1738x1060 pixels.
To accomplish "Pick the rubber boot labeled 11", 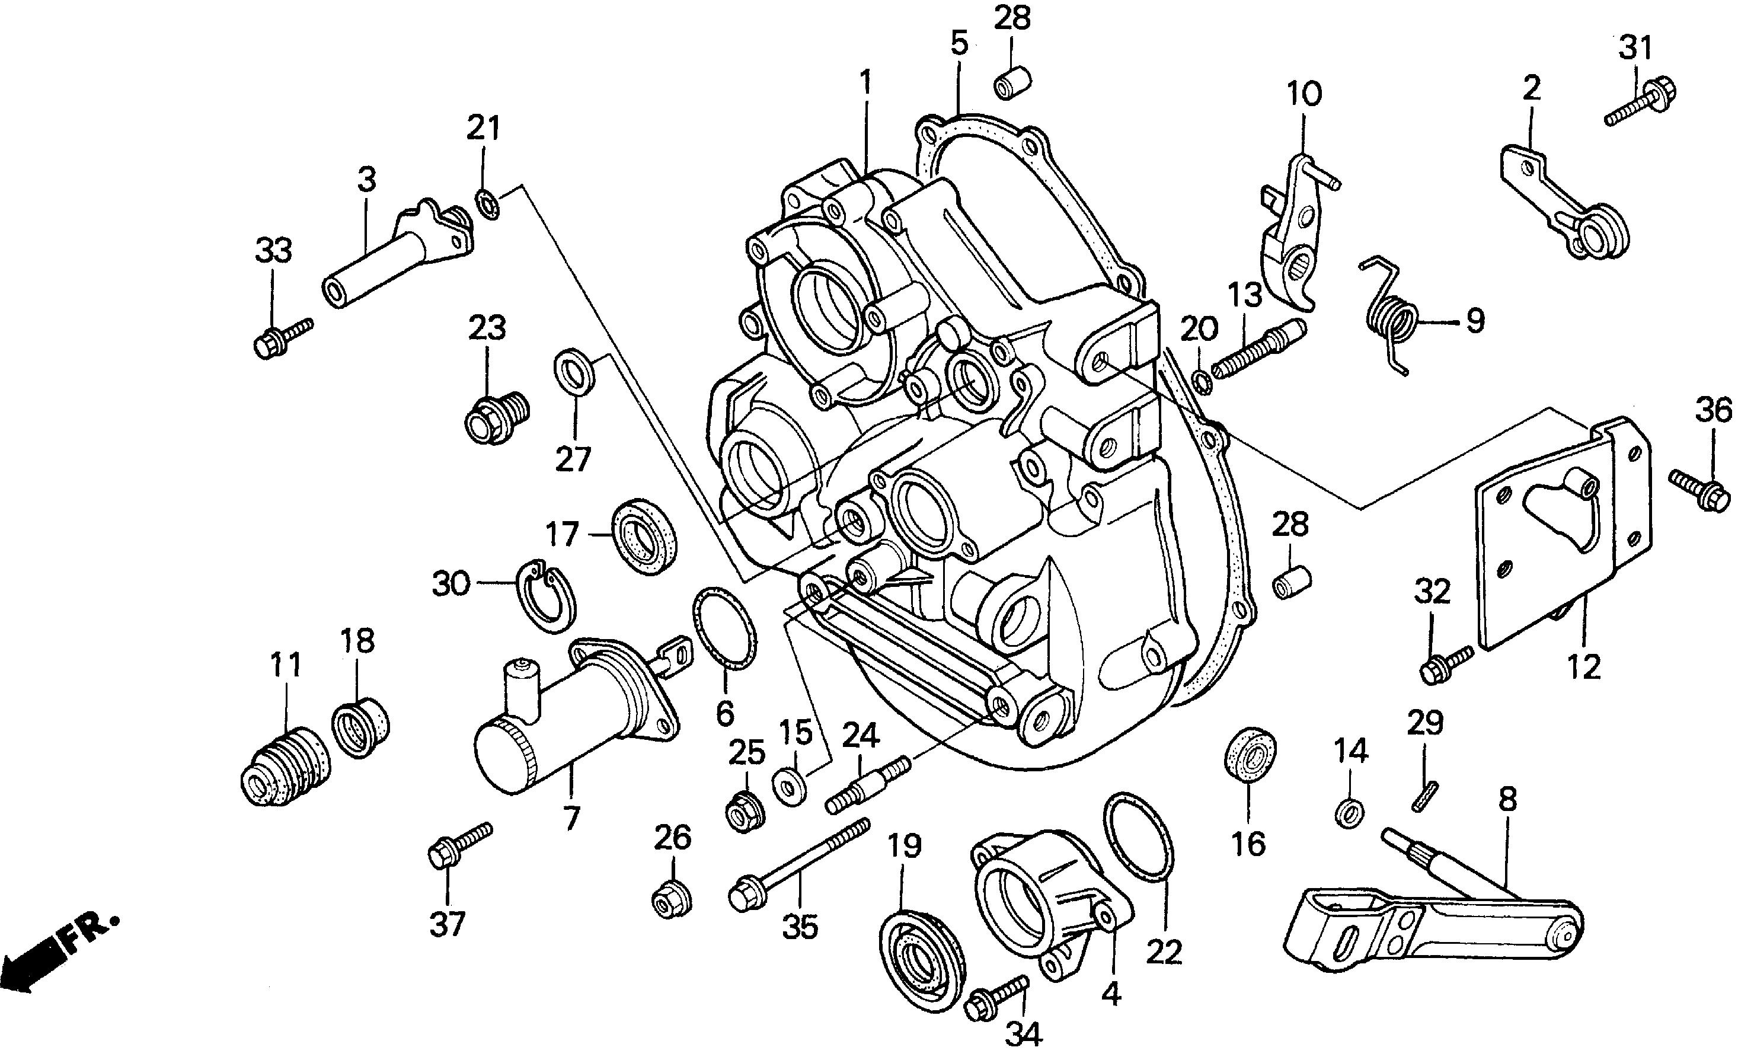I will (x=286, y=767).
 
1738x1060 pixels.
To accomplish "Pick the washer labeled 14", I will (x=1349, y=814).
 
